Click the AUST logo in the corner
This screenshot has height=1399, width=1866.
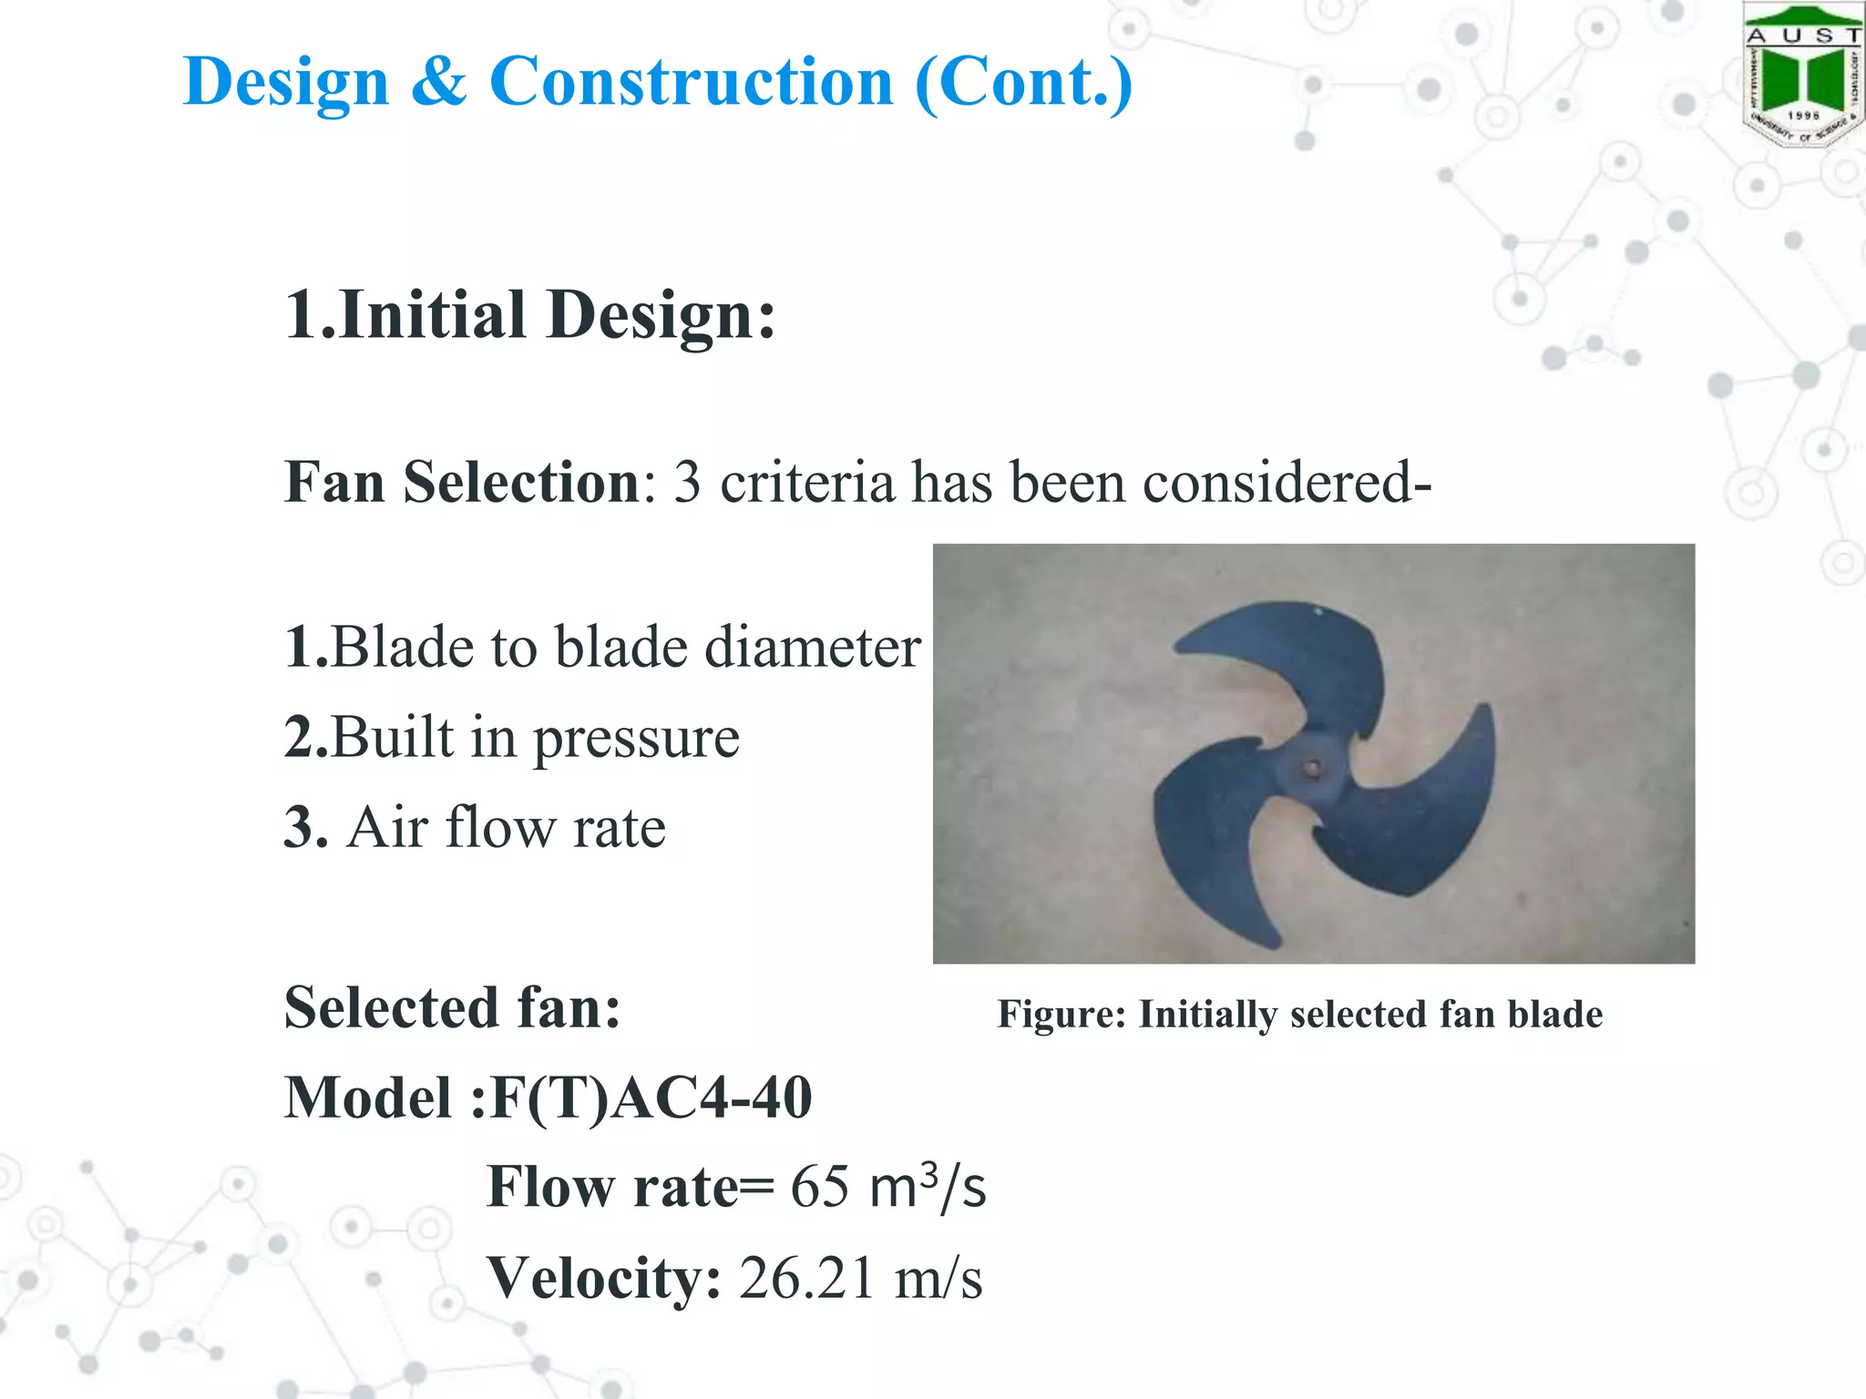point(1802,75)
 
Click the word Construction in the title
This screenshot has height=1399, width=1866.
point(692,82)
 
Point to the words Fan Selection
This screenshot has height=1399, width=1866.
point(463,482)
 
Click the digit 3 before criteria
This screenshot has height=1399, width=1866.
point(687,483)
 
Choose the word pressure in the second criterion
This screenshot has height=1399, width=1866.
point(636,739)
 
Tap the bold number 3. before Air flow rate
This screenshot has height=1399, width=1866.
point(305,828)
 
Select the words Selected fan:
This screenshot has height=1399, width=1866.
point(453,1008)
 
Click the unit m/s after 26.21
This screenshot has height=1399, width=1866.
point(938,1279)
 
